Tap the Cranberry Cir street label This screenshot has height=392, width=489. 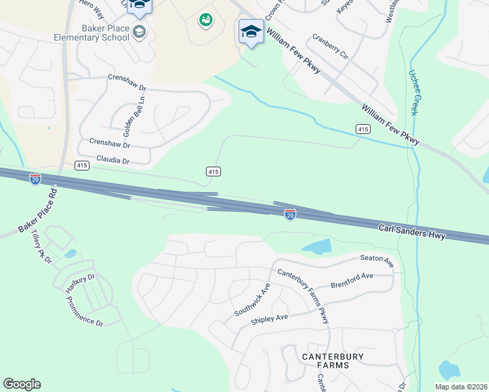[330, 47]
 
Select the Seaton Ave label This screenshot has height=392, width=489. [377, 260]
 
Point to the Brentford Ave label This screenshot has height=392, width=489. [352, 280]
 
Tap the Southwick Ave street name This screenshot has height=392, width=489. [252, 300]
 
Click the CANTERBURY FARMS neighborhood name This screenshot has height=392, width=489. [325, 361]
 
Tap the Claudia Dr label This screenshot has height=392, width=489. [113, 160]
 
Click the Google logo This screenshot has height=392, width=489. [22, 384]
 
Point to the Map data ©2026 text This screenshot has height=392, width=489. [460, 387]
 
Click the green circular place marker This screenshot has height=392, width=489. [206, 20]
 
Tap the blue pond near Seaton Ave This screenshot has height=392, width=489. [317, 247]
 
